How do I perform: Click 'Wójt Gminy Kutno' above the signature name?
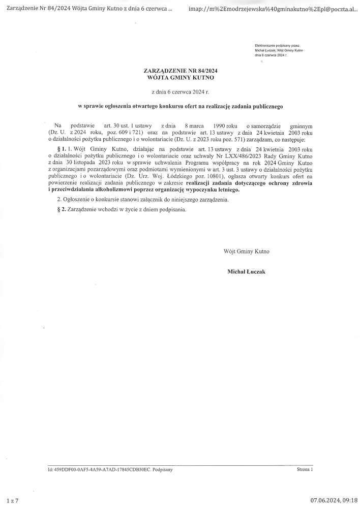click(x=246, y=251)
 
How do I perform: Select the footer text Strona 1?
click(x=305, y=470)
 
